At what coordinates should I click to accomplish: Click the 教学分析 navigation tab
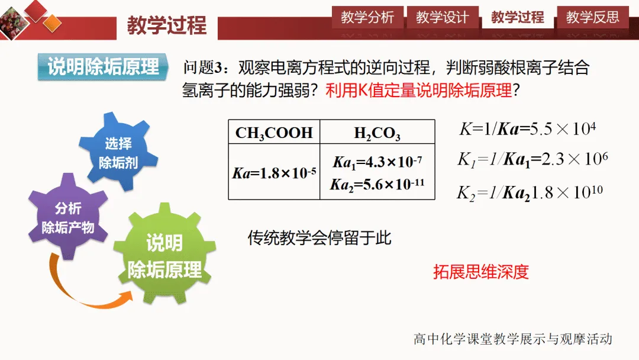[x=367, y=17]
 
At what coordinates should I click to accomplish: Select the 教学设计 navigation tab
[x=443, y=17]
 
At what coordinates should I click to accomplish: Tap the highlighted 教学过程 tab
[x=518, y=17]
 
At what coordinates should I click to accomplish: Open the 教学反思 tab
[x=592, y=17]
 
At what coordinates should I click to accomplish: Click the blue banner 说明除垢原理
[x=103, y=66]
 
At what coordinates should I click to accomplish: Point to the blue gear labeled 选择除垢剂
[x=118, y=152]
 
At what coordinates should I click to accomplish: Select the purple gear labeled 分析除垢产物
[x=68, y=217]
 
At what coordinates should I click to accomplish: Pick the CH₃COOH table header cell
[x=275, y=132]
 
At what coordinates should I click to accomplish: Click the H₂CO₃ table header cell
[x=377, y=132]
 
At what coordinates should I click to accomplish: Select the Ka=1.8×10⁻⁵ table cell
[x=275, y=173]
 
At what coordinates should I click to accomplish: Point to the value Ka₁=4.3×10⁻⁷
[x=377, y=162]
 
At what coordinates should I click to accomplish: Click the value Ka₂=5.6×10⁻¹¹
[x=377, y=184]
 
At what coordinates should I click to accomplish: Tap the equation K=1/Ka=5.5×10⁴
[x=528, y=129]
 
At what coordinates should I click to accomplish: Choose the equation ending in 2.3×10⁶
[x=532, y=159]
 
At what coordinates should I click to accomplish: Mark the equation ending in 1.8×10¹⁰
[x=530, y=192]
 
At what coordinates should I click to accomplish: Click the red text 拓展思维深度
[x=481, y=272]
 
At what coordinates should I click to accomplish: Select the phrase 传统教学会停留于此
[x=319, y=237]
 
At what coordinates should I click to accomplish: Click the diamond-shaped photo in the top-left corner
[x=14, y=23]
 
